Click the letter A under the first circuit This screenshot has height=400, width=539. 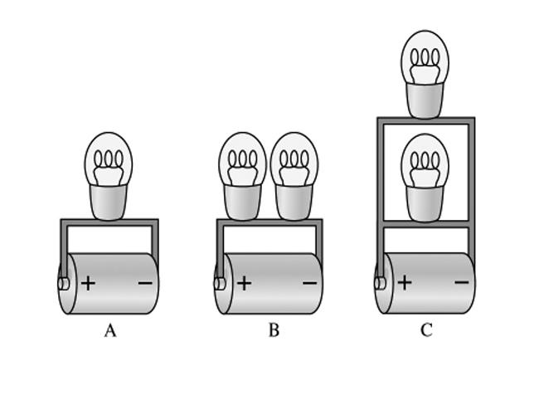click(110, 330)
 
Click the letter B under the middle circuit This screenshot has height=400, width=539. click(274, 330)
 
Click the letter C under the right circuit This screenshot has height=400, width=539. click(426, 330)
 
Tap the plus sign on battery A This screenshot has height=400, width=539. click(89, 284)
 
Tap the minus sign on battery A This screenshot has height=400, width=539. click(145, 283)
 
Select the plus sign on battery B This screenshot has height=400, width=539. click(245, 283)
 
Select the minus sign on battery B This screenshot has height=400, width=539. click(310, 283)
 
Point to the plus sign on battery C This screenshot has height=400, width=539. click(405, 282)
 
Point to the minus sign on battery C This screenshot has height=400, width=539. click(462, 282)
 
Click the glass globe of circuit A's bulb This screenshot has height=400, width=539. click(109, 159)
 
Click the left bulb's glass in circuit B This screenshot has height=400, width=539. click(243, 159)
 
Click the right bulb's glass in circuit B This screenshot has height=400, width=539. click(294, 159)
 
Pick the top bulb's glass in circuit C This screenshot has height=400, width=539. click(425, 57)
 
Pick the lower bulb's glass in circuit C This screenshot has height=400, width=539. click(425, 161)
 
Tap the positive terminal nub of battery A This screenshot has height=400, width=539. click(64, 284)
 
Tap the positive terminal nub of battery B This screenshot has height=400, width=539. click(220, 284)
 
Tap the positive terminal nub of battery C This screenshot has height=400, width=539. click(380, 283)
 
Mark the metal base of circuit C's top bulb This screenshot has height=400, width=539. click(425, 100)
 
